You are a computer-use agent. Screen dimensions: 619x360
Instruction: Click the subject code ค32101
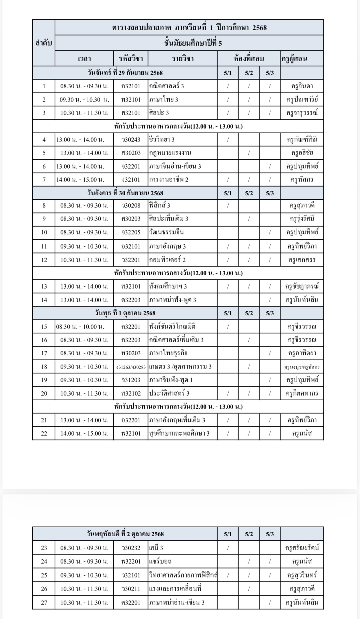coord(131,86)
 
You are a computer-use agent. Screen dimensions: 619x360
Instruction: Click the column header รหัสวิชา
coord(131,58)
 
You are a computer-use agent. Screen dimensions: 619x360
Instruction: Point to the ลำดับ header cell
coord(44,43)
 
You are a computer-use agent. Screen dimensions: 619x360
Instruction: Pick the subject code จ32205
coord(131,232)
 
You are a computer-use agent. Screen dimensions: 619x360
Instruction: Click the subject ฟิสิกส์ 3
coord(160,206)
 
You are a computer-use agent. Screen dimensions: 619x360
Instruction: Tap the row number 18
coord(44,367)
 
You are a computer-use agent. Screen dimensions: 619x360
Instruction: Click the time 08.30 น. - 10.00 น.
coord(80,327)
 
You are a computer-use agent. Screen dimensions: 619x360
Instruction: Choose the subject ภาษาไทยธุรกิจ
coord(168,353)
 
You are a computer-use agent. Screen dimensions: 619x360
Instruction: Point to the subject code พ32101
coord(131,433)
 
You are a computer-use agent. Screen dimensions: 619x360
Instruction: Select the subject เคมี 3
coord(156,548)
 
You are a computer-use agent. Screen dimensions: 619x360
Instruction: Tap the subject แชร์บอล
coord(160,561)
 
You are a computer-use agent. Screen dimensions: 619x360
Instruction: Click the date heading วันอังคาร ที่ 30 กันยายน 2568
coord(125,193)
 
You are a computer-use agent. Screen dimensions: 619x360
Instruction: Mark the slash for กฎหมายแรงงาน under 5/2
coord(249,153)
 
